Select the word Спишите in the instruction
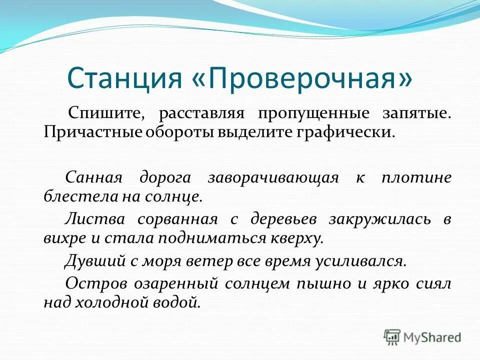[106, 113]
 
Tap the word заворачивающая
[273, 177]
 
